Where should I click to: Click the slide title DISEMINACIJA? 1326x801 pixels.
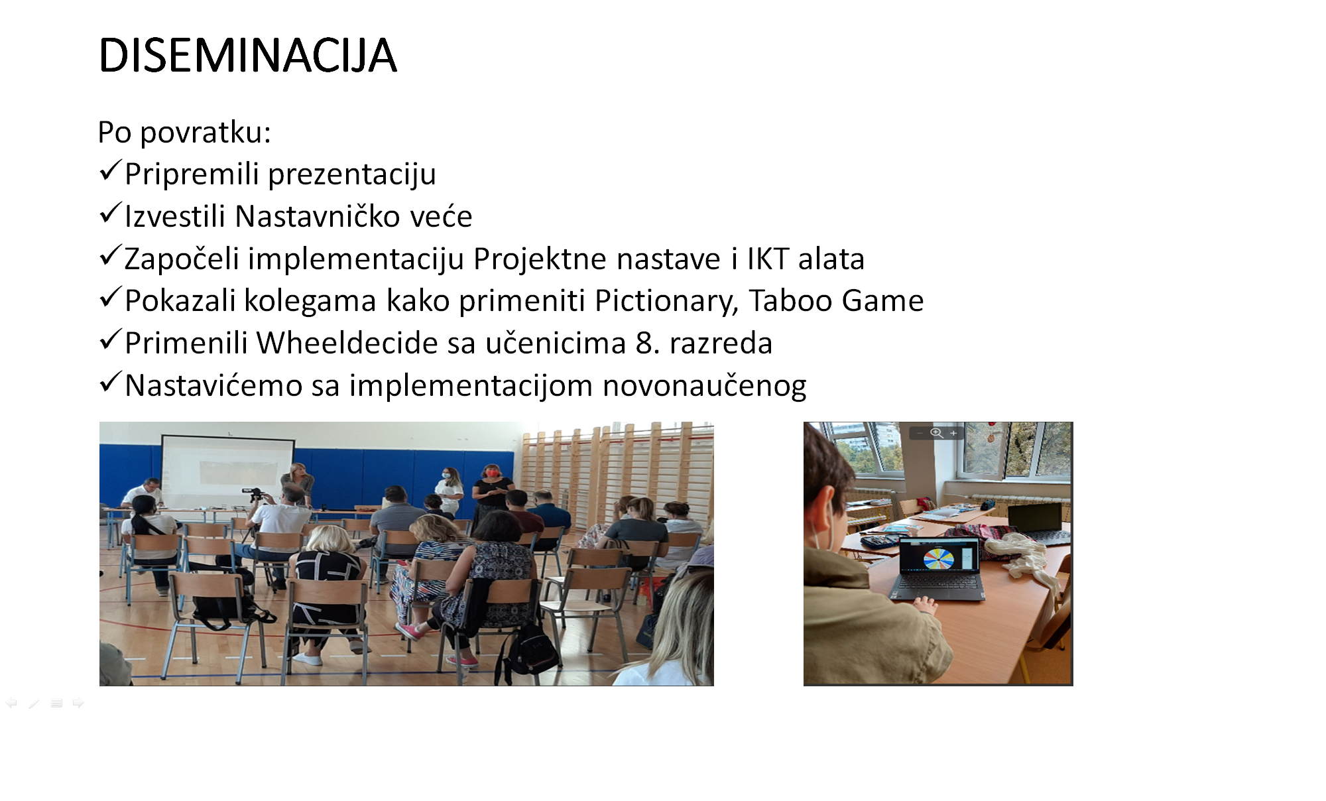[x=247, y=55]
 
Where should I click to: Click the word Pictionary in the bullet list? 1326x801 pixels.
[x=666, y=302]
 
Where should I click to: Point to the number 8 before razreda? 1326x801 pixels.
[x=644, y=343]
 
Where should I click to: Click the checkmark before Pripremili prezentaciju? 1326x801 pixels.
[x=110, y=171]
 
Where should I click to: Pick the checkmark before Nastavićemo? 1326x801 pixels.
[x=110, y=383]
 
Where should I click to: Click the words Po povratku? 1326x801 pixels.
[x=184, y=132]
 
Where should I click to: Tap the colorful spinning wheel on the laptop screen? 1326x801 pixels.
[x=938, y=558]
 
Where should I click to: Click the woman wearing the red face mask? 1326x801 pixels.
[x=492, y=491]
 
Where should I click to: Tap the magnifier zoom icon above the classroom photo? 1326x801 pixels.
[x=936, y=433]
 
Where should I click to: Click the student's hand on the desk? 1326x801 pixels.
[x=924, y=605]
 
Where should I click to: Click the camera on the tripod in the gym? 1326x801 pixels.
[x=255, y=495]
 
